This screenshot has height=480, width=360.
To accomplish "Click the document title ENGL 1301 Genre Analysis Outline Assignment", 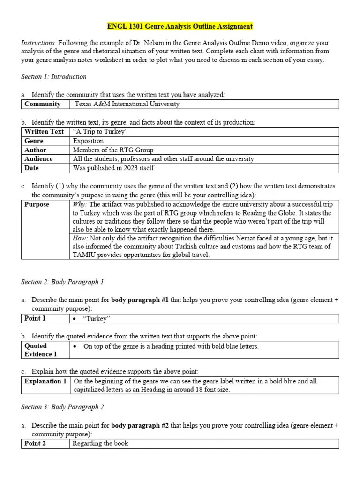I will pos(180,26).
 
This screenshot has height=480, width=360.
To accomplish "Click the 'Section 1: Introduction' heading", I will pos(54,76).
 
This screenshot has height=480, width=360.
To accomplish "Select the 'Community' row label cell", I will pos(42,104).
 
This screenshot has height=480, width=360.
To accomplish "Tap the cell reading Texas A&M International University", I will pos(127,104).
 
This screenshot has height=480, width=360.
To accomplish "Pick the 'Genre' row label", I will pos(34,141).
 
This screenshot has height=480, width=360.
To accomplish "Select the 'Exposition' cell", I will pos(89,141).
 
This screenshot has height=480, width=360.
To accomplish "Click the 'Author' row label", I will pos(35,150).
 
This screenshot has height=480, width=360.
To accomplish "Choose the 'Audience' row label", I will pos(38,159).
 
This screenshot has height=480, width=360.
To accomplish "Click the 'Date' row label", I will pos(32,168).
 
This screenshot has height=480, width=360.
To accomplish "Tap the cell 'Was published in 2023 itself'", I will pos(113,168).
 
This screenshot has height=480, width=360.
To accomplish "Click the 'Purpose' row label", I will pos(37,204).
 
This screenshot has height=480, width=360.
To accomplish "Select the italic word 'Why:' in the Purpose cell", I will pos(80,204).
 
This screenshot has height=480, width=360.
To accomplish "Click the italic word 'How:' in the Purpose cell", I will pos(80,238).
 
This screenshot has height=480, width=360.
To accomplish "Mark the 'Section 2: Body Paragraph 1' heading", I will pos(62,282).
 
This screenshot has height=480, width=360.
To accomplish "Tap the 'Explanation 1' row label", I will pos(45,381).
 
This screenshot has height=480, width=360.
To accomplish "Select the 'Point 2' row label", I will pos(35,443).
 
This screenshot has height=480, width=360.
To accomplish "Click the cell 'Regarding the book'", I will pos(101,443).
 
